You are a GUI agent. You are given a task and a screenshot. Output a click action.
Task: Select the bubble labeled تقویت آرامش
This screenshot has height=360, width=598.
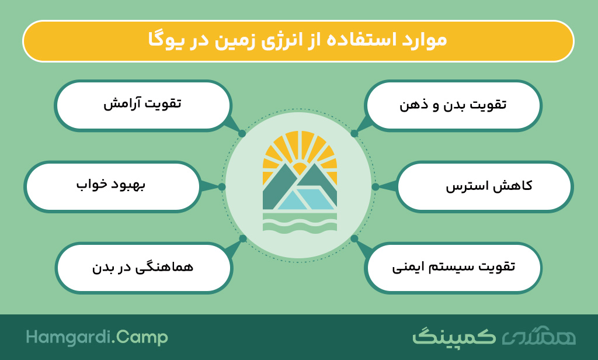(142, 106)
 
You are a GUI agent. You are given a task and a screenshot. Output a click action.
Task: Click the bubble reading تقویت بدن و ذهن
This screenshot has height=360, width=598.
(453, 106)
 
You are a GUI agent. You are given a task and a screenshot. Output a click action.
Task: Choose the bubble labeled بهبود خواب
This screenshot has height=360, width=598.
(112, 186)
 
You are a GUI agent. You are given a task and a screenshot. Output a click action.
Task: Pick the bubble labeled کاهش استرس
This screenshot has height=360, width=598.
(485, 186)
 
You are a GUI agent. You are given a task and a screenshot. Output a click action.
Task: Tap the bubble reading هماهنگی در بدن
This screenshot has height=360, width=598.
(144, 268)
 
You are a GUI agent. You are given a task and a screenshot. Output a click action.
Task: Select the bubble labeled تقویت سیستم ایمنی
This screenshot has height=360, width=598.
(453, 268)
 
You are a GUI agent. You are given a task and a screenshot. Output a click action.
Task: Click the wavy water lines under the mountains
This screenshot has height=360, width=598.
(300, 223)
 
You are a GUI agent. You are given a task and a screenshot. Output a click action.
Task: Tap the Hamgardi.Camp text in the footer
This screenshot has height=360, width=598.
(97, 337)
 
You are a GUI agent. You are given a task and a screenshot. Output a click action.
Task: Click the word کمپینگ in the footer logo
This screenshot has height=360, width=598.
(454, 337)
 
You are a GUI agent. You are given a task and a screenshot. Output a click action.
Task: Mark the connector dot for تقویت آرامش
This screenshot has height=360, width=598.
(242, 134)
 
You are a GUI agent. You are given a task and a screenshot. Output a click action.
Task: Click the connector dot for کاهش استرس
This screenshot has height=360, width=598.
(376, 186)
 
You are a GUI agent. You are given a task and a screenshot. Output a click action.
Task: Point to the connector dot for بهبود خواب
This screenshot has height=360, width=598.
(222, 186)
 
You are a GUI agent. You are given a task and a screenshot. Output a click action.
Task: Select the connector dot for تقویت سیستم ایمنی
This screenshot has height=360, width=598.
(354, 238)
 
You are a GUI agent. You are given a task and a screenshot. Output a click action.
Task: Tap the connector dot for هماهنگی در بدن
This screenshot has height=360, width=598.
(243, 238)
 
